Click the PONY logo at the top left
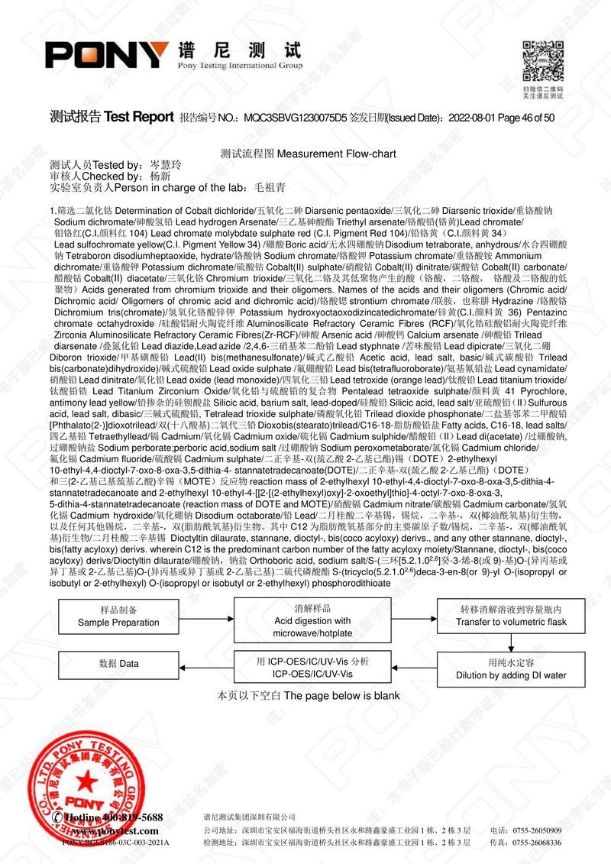107,55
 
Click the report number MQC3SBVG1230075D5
294,118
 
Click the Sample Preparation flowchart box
118,616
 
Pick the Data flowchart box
118,664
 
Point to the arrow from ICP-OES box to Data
205,664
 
